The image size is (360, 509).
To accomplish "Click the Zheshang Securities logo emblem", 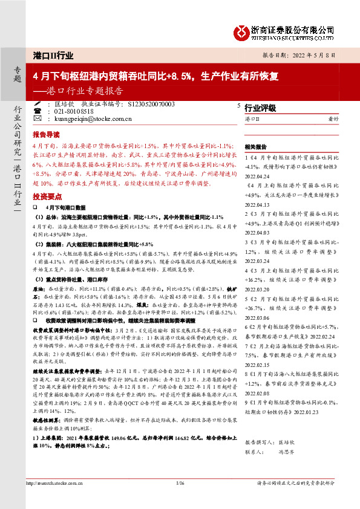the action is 244,31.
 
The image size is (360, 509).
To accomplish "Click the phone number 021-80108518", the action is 74,112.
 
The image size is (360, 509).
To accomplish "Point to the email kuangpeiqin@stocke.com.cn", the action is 93,119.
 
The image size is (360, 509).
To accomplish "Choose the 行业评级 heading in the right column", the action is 260,108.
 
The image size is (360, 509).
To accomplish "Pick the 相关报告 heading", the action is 255,147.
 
